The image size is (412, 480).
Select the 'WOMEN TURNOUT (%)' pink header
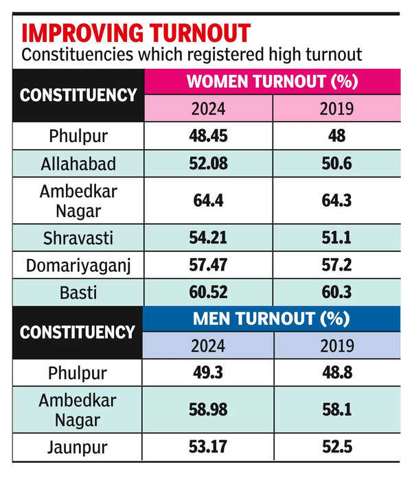(272, 82)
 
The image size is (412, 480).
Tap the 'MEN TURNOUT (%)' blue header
(272, 319)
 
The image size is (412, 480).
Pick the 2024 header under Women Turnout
(209, 108)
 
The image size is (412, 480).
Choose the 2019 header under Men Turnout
(336, 345)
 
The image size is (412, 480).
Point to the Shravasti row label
(78, 240)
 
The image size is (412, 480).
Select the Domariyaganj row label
(78, 266)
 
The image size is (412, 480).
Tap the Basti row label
(78, 293)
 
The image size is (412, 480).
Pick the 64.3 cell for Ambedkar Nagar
(336, 201)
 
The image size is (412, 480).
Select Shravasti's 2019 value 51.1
(336, 240)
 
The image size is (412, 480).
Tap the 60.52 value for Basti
(209, 293)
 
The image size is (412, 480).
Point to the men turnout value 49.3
(209, 374)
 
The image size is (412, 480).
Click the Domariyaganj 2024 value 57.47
(209, 266)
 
